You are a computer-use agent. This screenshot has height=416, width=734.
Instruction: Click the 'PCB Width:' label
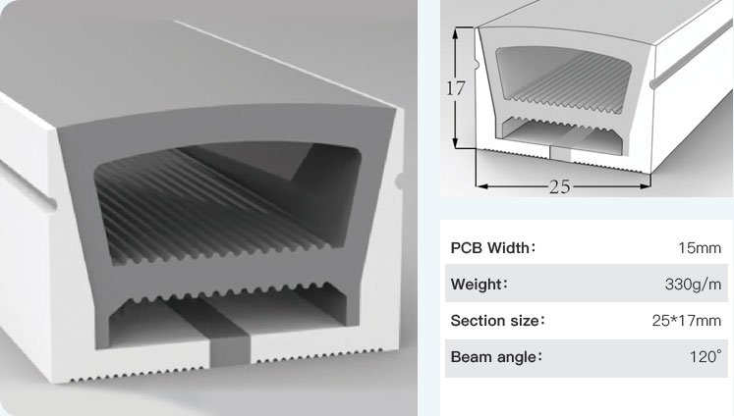coord(492,247)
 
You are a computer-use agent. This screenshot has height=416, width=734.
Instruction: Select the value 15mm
coord(700,247)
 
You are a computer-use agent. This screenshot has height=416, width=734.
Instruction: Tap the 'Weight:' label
coord(479,284)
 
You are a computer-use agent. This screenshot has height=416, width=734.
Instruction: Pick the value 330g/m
coord(694,284)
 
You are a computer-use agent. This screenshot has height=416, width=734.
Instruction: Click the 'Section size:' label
coord(497,321)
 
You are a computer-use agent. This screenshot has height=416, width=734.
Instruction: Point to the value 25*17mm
coord(687,321)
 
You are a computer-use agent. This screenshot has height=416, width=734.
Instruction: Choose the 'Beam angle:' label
coord(496,357)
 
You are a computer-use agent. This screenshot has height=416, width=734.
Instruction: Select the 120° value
coord(706,357)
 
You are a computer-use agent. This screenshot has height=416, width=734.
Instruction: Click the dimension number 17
coord(456,88)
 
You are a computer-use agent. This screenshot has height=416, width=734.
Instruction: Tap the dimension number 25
coord(560,187)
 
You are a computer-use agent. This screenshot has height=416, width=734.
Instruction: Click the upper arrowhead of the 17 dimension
coord(456,32)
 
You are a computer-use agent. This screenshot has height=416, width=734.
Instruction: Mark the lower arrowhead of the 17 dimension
coord(456,141)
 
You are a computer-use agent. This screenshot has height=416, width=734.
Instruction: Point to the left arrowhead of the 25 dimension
coord(482,186)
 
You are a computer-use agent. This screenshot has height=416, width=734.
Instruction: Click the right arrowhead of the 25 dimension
coord(645,186)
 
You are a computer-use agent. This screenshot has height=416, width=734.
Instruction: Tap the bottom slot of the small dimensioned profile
coord(560,153)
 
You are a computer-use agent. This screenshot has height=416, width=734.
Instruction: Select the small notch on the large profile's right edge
coord(399,182)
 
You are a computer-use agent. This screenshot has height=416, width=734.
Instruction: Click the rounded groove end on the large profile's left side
coord(50,203)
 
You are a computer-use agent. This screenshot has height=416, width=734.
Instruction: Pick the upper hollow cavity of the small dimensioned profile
coord(564,79)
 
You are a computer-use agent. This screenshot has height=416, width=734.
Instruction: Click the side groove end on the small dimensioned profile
coord(654,83)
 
